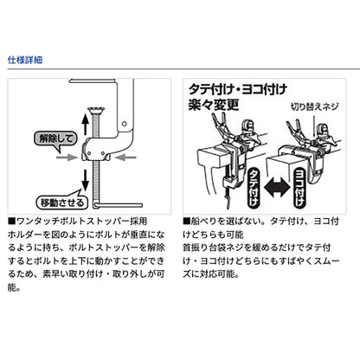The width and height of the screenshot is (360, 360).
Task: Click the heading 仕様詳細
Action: (x=25, y=60)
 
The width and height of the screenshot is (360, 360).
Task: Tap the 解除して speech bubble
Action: (x=55, y=139)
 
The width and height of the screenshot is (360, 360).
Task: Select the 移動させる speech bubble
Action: (x=61, y=201)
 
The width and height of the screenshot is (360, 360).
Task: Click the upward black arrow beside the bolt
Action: (x=85, y=124)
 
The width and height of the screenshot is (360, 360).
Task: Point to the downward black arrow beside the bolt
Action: (x=85, y=180)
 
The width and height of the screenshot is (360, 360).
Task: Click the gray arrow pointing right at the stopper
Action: (x=67, y=157)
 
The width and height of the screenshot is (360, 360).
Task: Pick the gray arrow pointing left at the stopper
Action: (x=125, y=157)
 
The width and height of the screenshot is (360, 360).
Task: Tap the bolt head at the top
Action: (x=96, y=110)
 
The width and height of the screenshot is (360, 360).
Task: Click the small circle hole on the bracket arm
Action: (x=125, y=124)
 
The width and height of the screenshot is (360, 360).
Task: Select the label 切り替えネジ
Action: (x=314, y=106)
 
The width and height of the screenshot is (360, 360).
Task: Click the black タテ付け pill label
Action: (x=254, y=188)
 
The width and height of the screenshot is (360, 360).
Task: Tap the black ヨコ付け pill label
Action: (x=299, y=188)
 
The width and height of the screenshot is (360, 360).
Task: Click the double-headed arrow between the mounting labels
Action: (x=277, y=188)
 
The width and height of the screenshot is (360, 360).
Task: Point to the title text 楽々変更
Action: (x=214, y=105)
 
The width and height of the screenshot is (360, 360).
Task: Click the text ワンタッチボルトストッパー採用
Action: (x=82, y=222)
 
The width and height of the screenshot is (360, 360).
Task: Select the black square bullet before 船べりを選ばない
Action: (x=186, y=222)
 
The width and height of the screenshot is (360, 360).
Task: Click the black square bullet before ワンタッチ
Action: (x=12, y=222)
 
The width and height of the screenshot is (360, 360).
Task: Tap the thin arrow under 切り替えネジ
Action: (x=313, y=125)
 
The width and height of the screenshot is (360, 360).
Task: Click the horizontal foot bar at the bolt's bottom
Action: (x=118, y=205)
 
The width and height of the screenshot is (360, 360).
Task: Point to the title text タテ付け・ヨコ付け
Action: (x=238, y=89)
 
